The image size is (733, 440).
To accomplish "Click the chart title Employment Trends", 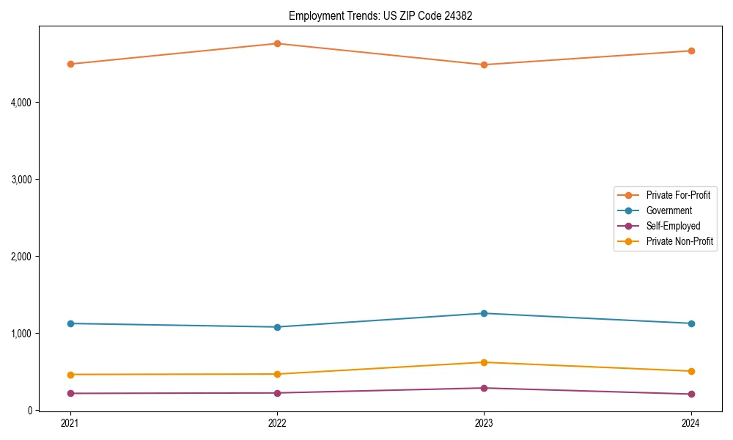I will pos(380,15).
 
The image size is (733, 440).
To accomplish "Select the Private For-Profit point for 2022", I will pos(277,43).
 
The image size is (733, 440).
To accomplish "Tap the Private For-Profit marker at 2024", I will pos(690,51).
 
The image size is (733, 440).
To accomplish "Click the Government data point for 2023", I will pos(484,313).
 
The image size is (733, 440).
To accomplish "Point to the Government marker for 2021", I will pos(70,323).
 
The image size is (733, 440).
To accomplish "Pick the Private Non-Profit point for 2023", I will pos(484,362).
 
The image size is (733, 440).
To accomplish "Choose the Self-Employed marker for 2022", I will pos(277,393).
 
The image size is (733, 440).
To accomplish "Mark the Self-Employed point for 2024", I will pos(690,394).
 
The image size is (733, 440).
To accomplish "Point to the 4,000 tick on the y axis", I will pos(21,102).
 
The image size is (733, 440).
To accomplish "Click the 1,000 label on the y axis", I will pos(21,333).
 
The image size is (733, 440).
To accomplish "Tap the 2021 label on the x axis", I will pos(70,423).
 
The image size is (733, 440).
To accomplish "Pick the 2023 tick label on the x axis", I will pos(484,423).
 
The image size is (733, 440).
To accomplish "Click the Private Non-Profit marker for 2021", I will pos(70,375).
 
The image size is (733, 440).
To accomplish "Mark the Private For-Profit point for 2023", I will pos(484,65).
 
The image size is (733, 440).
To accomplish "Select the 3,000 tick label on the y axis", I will pos(21,179).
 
